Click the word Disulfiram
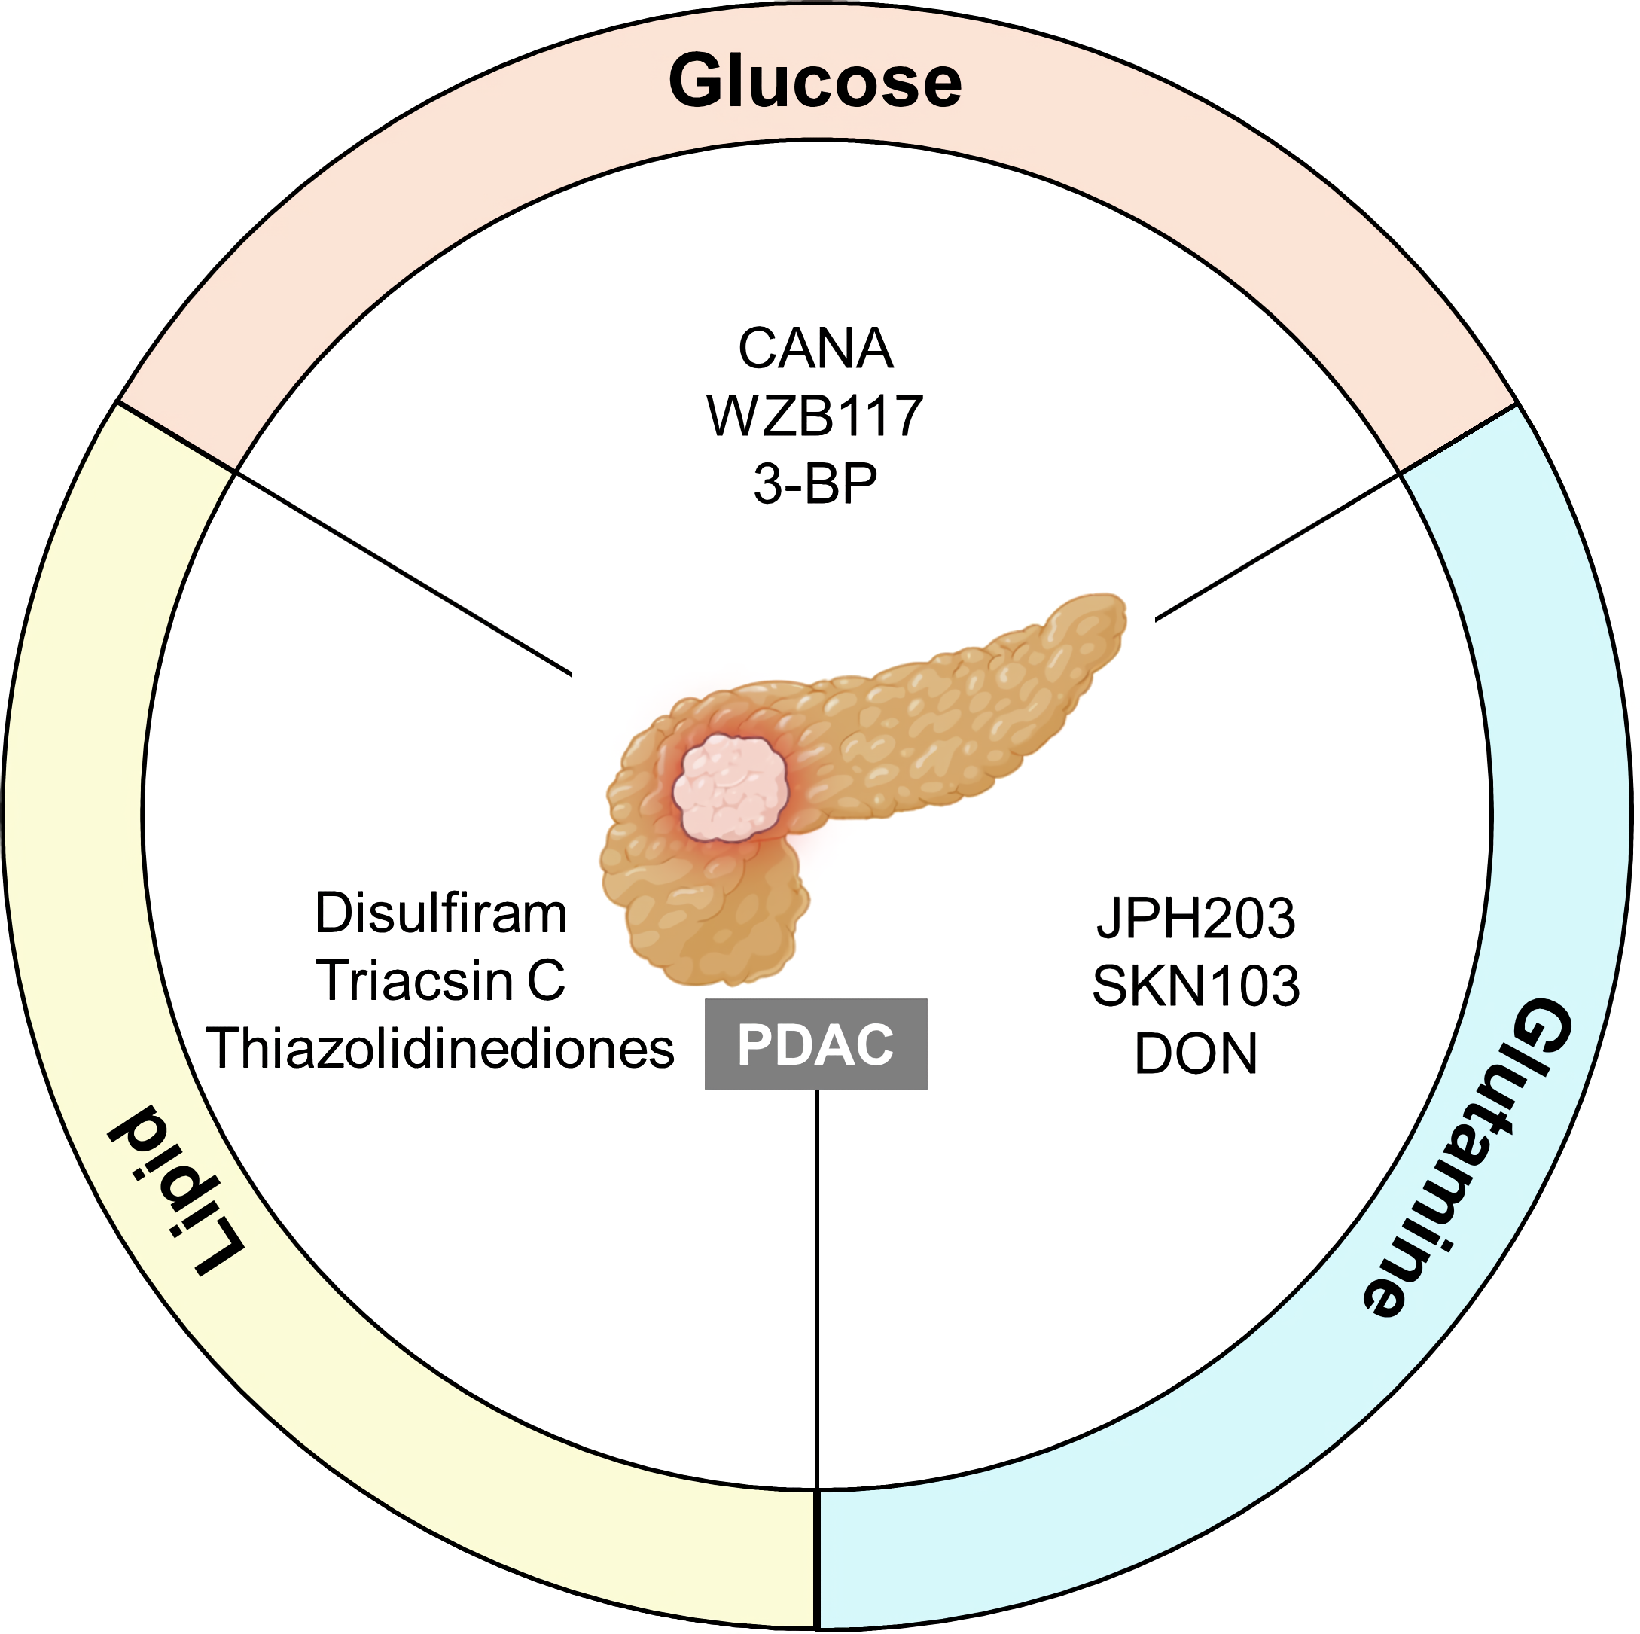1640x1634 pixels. (x=440, y=914)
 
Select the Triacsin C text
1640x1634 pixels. (x=440, y=981)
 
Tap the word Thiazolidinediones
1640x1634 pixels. (x=440, y=1049)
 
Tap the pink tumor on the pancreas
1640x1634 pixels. (x=731, y=788)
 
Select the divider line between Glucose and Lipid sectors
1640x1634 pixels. (x=403, y=574)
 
